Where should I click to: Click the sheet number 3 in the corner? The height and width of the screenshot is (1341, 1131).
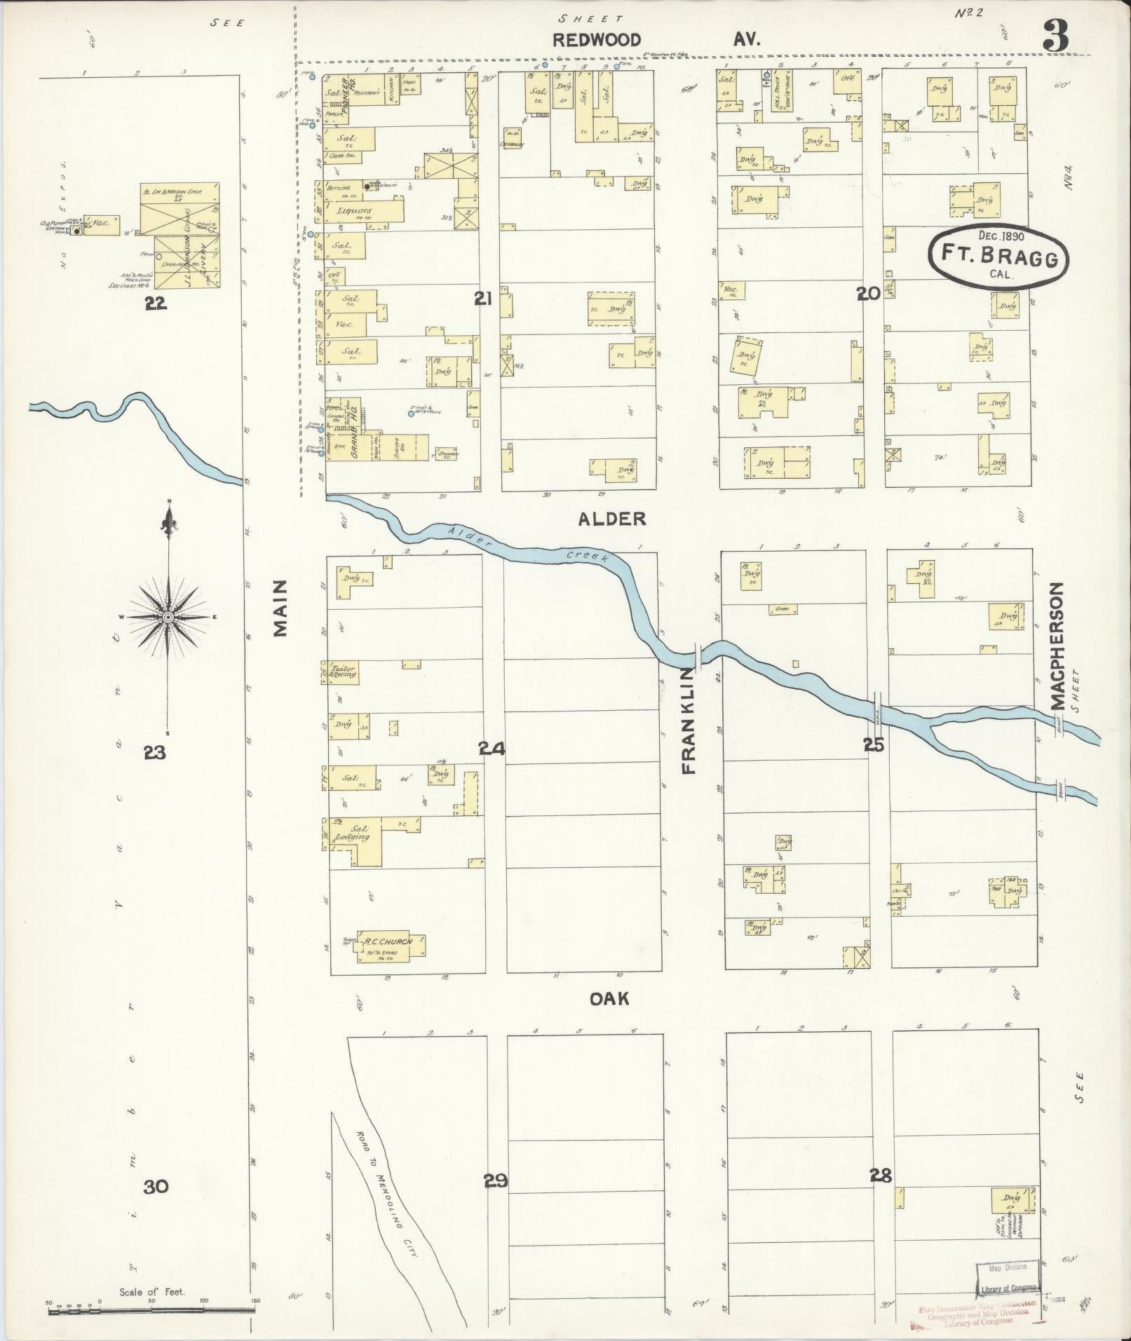(1055, 35)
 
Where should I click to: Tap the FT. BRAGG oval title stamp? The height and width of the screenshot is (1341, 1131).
(998, 257)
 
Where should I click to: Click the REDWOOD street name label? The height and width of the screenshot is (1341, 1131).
(597, 40)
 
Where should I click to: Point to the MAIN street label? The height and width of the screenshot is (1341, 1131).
(281, 608)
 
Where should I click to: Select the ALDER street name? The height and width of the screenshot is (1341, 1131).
(611, 519)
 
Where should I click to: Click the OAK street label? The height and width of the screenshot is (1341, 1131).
(609, 998)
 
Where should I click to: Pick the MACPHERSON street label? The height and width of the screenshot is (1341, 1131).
(1058, 646)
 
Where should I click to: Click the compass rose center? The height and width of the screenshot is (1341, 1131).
(168, 616)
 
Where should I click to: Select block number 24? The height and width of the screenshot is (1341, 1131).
(492, 749)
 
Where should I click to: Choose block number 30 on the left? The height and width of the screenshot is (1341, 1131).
(156, 1186)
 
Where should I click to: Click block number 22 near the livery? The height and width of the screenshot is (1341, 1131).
(155, 303)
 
